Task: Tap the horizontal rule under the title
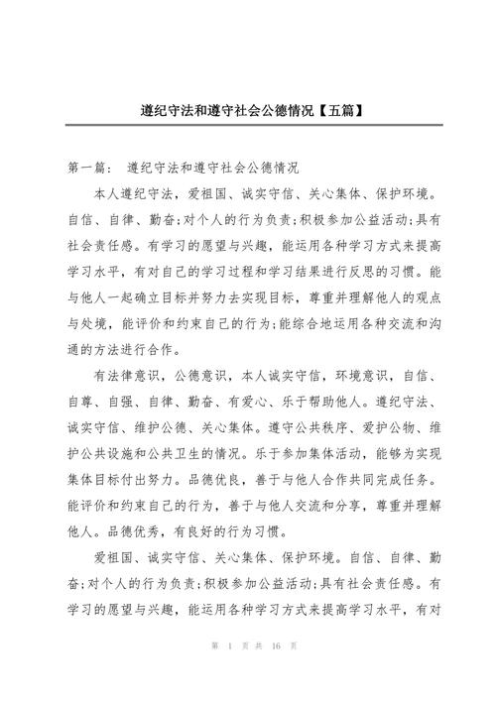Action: [247, 124]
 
